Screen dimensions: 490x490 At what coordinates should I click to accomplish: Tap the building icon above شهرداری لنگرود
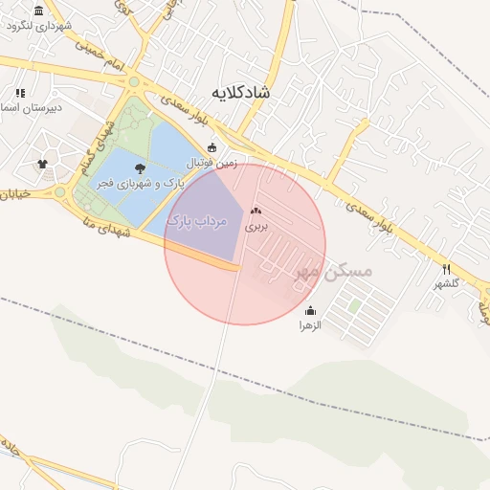pyautogui.click(x=38, y=11)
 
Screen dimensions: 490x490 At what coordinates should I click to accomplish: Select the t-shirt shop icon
pyautogui.click(x=42, y=165)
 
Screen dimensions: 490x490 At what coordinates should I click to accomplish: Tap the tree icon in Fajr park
pyautogui.click(x=141, y=167)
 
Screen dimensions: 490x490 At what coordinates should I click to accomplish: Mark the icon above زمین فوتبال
pyautogui.click(x=212, y=147)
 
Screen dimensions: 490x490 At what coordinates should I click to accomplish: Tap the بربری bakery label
pyautogui.click(x=255, y=227)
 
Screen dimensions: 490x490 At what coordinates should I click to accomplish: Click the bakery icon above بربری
pyautogui.click(x=255, y=211)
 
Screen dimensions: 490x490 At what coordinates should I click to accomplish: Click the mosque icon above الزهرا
pyautogui.click(x=310, y=310)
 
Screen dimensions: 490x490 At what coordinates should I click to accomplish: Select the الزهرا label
pyautogui.click(x=310, y=325)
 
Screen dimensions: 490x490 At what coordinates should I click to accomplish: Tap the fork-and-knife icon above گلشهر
pyautogui.click(x=446, y=269)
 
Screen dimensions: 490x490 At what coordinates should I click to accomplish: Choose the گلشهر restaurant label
pyautogui.click(x=446, y=284)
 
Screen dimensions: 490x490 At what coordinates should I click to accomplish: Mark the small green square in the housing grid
pyautogui.click(x=355, y=306)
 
